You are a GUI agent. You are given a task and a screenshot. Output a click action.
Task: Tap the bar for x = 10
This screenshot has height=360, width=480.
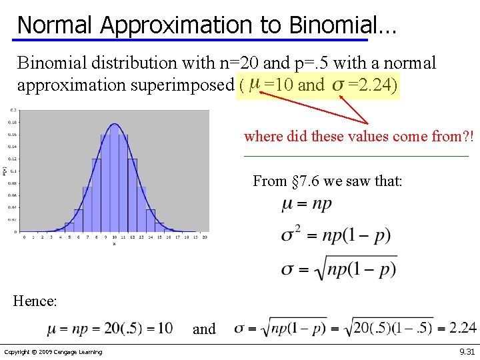click(x=114, y=180)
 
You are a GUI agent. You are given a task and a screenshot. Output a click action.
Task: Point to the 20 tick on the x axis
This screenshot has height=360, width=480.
click(x=204, y=237)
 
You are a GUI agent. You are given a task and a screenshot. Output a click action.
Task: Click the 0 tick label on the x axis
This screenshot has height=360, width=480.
click(x=24, y=237)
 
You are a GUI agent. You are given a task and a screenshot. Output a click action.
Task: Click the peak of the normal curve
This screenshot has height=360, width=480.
click(x=114, y=124)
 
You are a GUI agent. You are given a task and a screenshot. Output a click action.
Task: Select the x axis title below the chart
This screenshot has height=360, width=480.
click(x=114, y=244)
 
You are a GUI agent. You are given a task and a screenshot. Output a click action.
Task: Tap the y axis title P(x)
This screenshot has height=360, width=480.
click(x=5, y=171)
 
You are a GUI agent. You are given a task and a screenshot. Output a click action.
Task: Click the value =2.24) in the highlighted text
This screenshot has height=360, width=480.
click(x=372, y=85)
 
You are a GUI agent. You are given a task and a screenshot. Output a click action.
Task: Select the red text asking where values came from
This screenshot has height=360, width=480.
click(x=359, y=137)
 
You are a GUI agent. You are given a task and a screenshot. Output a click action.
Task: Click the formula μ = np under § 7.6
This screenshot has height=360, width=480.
click(x=306, y=204)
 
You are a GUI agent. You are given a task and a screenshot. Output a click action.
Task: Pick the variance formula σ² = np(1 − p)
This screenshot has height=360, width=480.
click(x=326, y=235)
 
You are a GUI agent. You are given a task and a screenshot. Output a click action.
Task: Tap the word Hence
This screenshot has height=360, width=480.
click(x=35, y=301)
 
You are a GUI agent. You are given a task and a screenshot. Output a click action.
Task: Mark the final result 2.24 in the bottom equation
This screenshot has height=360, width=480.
click(x=462, y=327)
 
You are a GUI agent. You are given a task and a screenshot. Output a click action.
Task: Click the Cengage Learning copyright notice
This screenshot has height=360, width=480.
click(x=53, y=352)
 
